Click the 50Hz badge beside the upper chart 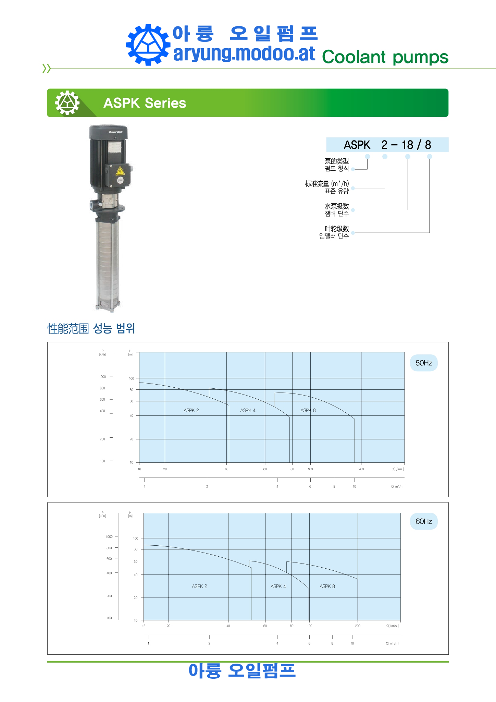pyautogui.click(x=424, y=363)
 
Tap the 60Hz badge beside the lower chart pyautogui.click(x=424, y=521)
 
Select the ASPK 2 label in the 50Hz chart pyautogui.click(x=191, y=410)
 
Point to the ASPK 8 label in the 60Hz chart pyautogui.click(x=327, y=586)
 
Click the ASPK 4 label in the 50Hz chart pyautogui.click(x=248, y=410)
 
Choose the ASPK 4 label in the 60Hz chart pyautogui.click(x=278, y=586)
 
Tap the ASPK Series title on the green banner pyautogui.click(x=145, y=103)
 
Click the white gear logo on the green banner pyautogui.click(x=67, y=103)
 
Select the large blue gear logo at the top pyautogui.click(x=148, y=45)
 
